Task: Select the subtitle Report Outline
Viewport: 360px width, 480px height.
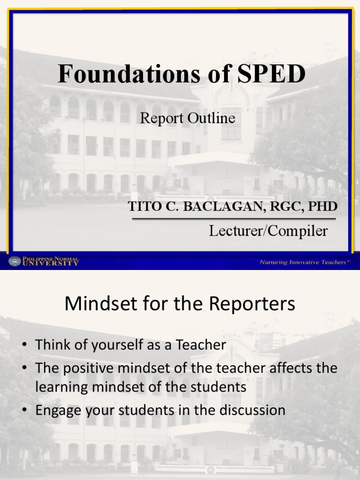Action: (x=187, y=118)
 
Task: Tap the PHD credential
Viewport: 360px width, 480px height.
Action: (x=322, y=207)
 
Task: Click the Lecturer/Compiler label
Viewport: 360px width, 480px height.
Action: (x=268, y=231)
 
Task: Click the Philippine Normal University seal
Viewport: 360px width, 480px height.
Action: (x=15, y=261)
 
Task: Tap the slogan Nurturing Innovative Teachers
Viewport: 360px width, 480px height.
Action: (x=304, y=262)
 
